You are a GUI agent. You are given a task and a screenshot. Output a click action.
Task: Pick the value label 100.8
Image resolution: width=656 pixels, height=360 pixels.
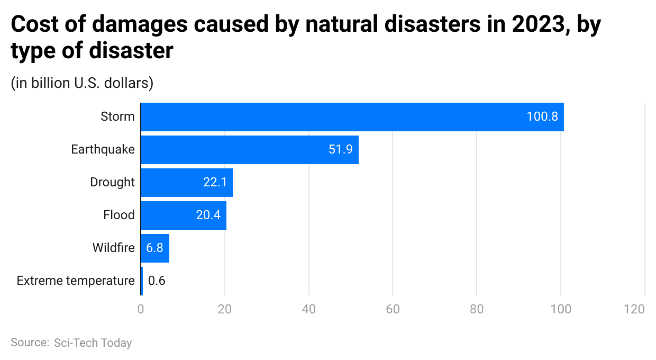pos(542,117)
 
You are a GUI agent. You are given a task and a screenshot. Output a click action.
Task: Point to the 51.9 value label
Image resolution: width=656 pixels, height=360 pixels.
pos(340,150)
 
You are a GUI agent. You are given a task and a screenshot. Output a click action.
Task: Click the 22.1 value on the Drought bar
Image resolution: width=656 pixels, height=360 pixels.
pos(215,183)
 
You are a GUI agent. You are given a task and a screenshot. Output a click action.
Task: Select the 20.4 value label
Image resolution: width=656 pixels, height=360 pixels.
pos(208,215)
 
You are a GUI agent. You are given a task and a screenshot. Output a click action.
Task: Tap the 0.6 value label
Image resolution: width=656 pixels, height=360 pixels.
pos(157,281)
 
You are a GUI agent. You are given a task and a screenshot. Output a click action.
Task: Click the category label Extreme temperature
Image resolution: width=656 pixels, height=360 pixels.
pos(76,281)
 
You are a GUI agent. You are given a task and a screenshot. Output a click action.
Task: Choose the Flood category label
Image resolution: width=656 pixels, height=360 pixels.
pos(119,215)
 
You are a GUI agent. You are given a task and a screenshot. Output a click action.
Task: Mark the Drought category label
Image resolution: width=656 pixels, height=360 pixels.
pos(112,183)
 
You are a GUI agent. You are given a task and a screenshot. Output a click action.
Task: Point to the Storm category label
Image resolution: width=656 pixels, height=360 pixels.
pos(117,117)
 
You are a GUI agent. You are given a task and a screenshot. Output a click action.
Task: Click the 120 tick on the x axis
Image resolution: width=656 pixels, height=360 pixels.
pos(634,309)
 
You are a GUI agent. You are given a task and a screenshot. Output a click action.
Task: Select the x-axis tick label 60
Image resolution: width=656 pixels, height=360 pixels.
pos(393,309)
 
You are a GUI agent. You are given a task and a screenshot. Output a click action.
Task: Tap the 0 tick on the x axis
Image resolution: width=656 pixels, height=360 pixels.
pos(141,309)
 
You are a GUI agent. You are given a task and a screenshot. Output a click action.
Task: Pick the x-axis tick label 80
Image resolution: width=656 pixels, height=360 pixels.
pos(477,309)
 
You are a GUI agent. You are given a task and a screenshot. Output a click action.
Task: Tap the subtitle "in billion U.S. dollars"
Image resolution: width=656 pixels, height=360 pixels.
pos(82,83)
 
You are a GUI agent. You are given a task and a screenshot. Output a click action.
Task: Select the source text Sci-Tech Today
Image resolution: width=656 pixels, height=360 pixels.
pos(93,343)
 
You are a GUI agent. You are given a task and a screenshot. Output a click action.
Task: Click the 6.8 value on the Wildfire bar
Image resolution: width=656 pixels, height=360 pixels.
pos(154,248)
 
